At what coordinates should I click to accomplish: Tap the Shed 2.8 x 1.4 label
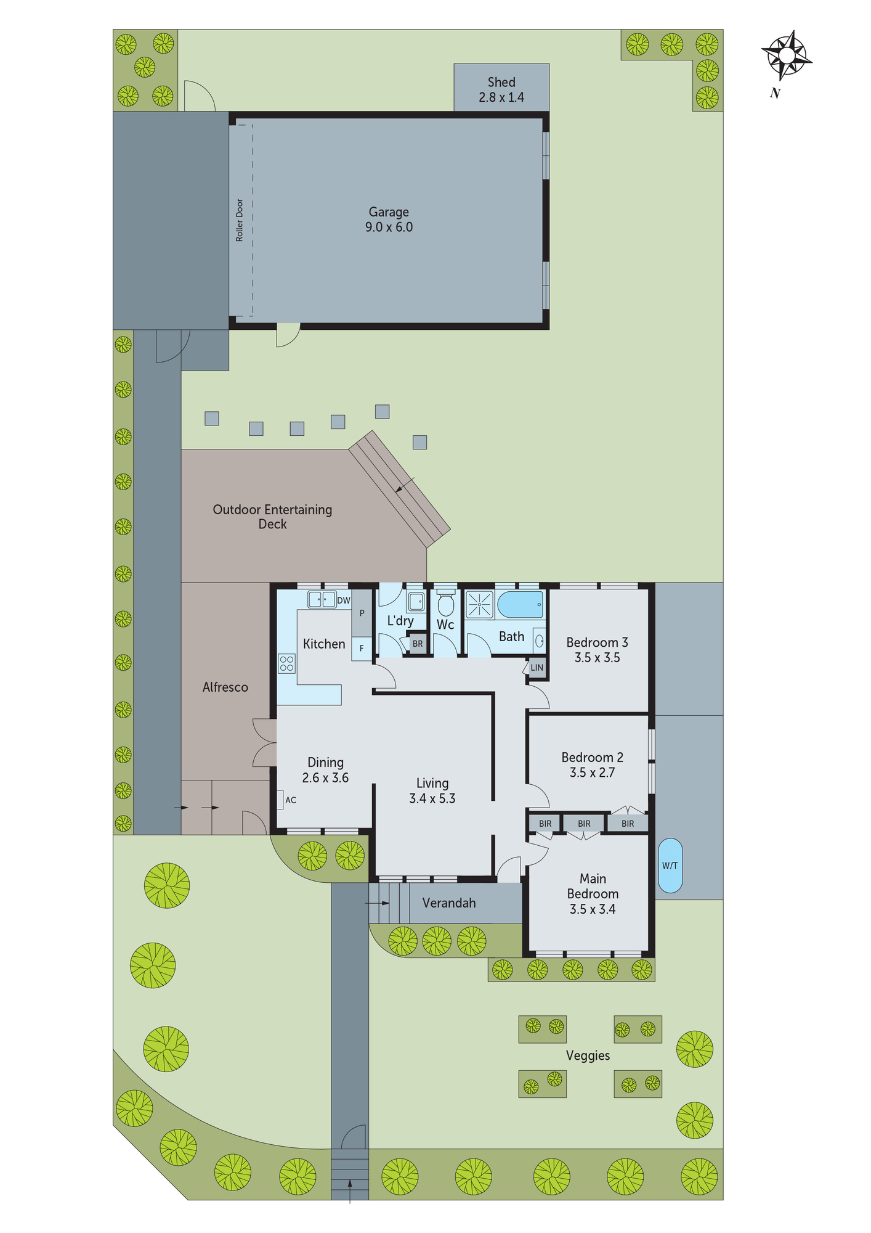tap(501, 89)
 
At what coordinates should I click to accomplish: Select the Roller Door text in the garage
tap(240, 220)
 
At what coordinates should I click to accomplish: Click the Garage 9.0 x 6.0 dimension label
tap(389, 219)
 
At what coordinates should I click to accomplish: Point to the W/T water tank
tap(670, 865)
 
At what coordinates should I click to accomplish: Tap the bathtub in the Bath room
tap(520, 605)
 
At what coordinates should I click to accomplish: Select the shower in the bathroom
tap(479, 604)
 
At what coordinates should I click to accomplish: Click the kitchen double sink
tap(322, 599)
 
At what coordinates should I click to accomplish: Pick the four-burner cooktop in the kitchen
tap(286, 663)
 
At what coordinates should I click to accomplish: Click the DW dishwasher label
tap(343, 600)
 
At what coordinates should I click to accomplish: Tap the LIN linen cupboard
tap(537, 668)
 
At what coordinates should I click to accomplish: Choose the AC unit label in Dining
tap(291, 800)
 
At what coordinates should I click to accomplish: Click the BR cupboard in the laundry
tap(418, 644)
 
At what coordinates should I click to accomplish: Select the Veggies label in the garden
tap(588, 1055)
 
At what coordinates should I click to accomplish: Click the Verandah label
tap(449, 903)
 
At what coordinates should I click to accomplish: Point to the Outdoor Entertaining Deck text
tap(272, 517)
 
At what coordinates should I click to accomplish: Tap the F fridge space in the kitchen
tap(362, 649)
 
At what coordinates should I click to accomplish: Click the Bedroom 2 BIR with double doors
tap(628, 823)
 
